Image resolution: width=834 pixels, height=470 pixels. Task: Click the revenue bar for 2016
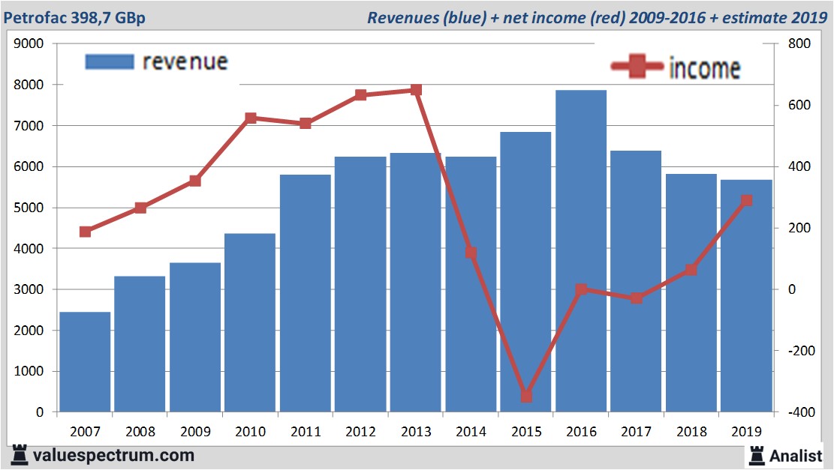[581, 251]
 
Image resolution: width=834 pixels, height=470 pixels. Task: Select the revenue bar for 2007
[85, 362]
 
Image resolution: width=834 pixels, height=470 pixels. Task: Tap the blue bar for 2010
[250, 323]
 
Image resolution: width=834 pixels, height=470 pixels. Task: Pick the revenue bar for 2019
[746, 296]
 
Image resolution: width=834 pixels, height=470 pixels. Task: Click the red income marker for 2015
[526, 396]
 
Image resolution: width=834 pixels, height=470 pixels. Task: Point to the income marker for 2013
[417, 90]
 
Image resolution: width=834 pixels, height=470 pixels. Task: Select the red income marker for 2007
[85, 232]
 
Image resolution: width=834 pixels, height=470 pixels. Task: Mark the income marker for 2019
[746, 200]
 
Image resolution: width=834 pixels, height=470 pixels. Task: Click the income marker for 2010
[251, 118]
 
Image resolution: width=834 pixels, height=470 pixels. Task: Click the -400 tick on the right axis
[797, 412]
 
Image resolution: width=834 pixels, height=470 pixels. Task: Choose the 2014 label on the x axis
[471, 432]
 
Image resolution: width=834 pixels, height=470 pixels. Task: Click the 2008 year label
[140, 432]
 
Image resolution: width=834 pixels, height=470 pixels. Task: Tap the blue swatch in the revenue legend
[110, 61]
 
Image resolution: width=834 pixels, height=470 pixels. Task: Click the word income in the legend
[704, 69]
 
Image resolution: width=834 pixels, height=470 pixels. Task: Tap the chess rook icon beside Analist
[756, 454]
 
